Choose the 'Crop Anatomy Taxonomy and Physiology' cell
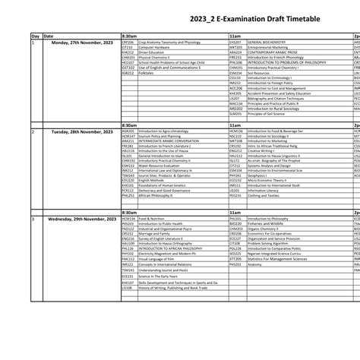(167, 43)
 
